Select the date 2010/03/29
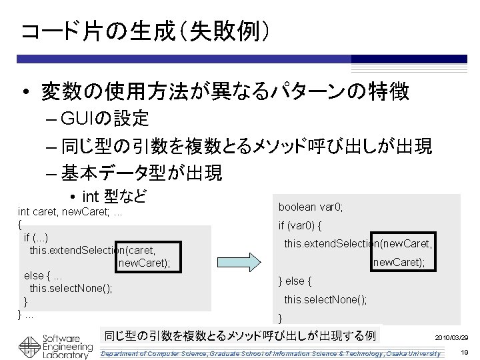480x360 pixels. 451,339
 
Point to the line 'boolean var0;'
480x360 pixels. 311,207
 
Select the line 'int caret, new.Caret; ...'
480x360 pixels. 69,211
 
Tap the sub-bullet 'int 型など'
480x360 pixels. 113,196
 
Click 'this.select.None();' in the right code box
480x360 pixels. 325,299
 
